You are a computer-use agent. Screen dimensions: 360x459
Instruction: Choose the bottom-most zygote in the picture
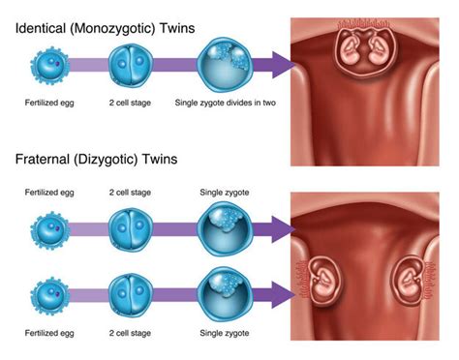click(x=224, y=293)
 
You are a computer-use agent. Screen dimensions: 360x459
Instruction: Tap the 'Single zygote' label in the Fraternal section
click(x=224, y=195)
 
